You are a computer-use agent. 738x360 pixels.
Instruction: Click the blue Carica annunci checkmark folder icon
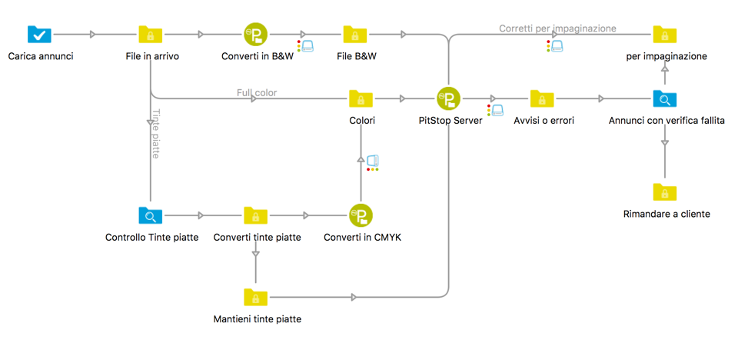click(40, 35)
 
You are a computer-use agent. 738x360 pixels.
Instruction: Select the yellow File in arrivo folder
click(151, 35)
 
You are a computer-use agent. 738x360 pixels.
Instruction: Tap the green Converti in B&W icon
click(255, 35)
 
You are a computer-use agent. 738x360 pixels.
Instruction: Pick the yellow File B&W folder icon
click(354, 35)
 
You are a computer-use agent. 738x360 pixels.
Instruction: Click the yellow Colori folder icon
click(361, 98)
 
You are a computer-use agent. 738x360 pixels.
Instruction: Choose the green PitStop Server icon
click(448, 98)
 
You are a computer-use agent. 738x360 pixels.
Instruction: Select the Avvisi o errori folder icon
click(542, 98)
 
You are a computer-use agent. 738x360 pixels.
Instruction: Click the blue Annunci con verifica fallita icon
click(665, 98)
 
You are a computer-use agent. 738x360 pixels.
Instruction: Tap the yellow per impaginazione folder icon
click(665, 35)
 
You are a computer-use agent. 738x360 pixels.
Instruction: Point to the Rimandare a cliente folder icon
click(665, 192)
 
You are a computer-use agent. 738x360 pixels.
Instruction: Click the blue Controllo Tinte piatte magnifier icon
click(151, 215)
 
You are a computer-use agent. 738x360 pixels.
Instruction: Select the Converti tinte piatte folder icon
click(255, 215)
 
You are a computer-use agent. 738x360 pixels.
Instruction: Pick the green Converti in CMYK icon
click(361, 215)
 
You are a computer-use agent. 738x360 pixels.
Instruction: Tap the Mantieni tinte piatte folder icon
click(255, 297)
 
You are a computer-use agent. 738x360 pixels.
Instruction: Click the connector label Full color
click(257, 92)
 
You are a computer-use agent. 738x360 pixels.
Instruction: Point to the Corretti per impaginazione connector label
click(557, 28)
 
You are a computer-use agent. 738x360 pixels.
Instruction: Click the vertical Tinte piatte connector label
click(156, 133)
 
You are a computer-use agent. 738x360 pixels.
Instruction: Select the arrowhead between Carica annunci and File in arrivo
click(93, 35)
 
